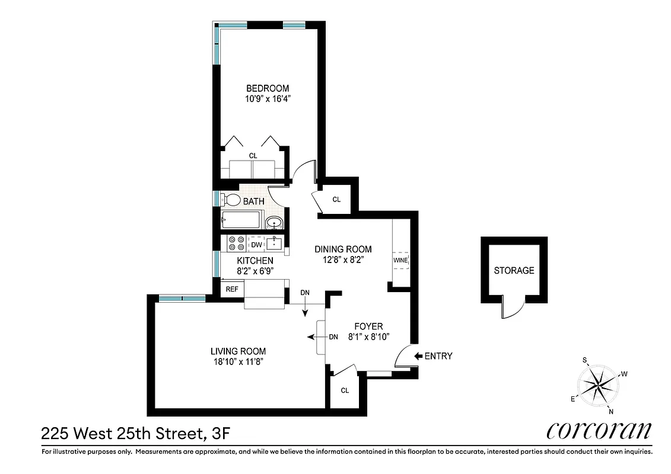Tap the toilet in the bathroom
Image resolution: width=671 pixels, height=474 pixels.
pyautogui.click(x=231, y=201)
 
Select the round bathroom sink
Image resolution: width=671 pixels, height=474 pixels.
pyautogui.click(x=274, y=223)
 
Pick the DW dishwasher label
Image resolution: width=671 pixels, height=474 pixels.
pyautogui.click(x=256, y=245)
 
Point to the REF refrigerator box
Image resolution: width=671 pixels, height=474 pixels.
pyautogui.click(x=231, y=290)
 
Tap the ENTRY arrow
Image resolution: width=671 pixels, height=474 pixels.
pyautogui.click(x=418, y=356)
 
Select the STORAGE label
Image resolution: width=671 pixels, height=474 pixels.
pyautogui.click(x=514, y=270)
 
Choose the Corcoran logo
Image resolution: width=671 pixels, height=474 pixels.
pyautogui.click(x=599, y=431)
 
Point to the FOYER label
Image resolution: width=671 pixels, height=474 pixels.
pyautogui.click(x=368, y=326)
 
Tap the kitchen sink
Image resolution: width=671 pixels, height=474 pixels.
pyautogui.click(x=275, y=244)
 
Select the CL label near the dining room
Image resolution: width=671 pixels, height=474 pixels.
pyautogui.click(x=336, y=200)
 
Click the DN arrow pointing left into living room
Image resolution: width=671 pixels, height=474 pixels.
pyautogui.click(x=311, y=337)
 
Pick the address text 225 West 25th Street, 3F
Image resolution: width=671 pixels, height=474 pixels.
pyautogui.click(x=135, y=434)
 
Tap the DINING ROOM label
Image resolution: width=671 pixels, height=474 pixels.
pyautogui.click(x=343, y=249)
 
